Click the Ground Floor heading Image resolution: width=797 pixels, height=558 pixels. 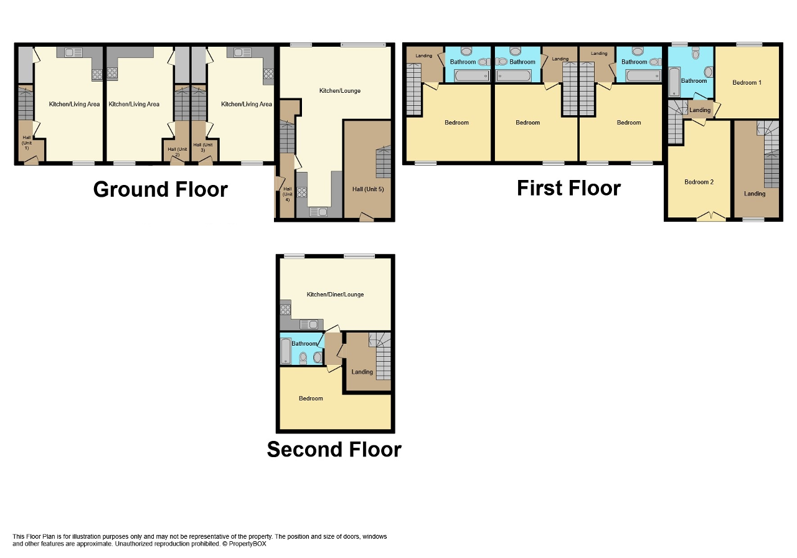pos(161,189)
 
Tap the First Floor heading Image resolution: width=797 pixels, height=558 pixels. pos(568,188)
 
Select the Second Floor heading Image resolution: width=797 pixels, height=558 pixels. pos(334,449)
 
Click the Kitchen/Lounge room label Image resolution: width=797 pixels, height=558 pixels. pos(340,91)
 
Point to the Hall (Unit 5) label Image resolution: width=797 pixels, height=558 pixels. pos(368,189)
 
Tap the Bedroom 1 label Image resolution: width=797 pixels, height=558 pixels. pos(747,83)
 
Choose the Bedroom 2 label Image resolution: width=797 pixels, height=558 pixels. pos(699,182)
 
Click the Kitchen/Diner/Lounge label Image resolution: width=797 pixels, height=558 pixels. pos(335,295)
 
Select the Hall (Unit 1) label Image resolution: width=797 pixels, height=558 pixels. pos(27,143)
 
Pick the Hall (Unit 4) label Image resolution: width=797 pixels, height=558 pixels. pos(288,194)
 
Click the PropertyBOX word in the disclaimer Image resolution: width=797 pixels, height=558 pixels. pos(247,544)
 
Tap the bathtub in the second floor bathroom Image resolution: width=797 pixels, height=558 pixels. pos(286,351)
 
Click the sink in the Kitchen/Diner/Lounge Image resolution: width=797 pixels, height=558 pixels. pos(308,324)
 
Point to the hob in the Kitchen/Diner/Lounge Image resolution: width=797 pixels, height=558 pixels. pos(285,309)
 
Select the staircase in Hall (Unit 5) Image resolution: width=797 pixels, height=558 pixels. pos(383,162)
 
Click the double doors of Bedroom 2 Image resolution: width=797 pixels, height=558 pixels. pos(711,217)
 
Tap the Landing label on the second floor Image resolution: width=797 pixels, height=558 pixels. pos(362,372)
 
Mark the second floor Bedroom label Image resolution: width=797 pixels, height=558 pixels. pos(311,399)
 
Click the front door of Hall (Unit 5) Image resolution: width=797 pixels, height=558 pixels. pos(367,217)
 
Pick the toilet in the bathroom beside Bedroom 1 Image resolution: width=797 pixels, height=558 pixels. pos(696,53)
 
